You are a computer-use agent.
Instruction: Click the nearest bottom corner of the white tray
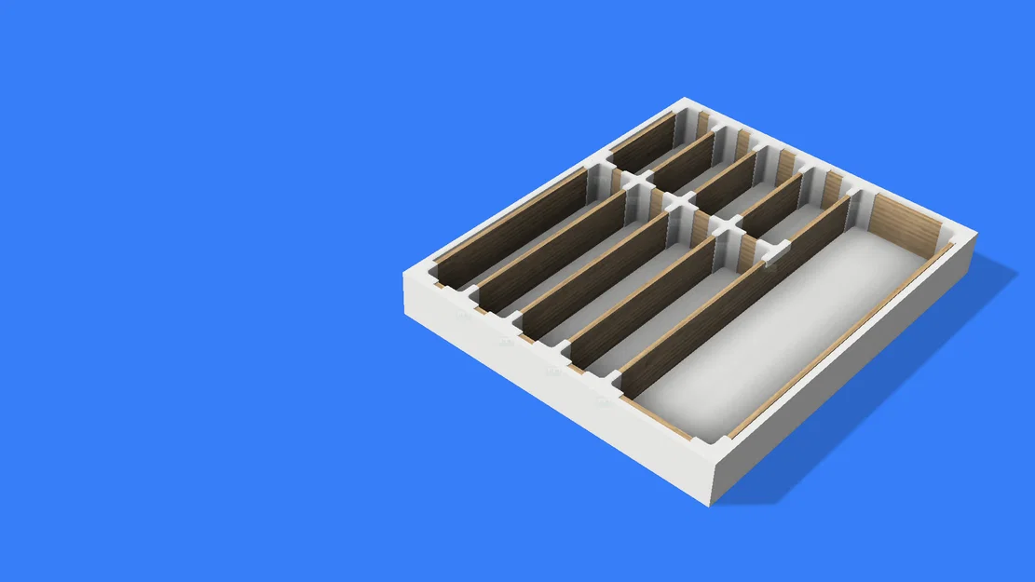pyautogui.click(x=712, y=504)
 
